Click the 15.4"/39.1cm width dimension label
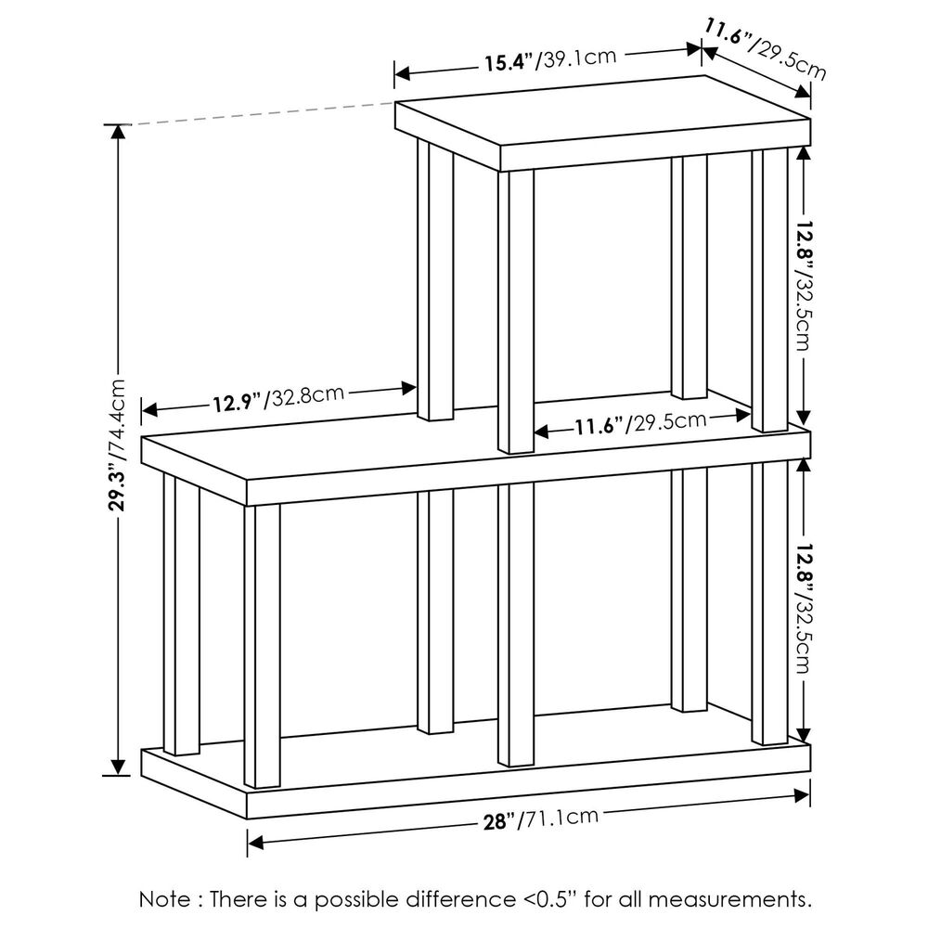[549, 60]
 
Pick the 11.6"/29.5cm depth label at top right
[763, 47]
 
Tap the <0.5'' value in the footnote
[550, 898]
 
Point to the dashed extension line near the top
[260, 112]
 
